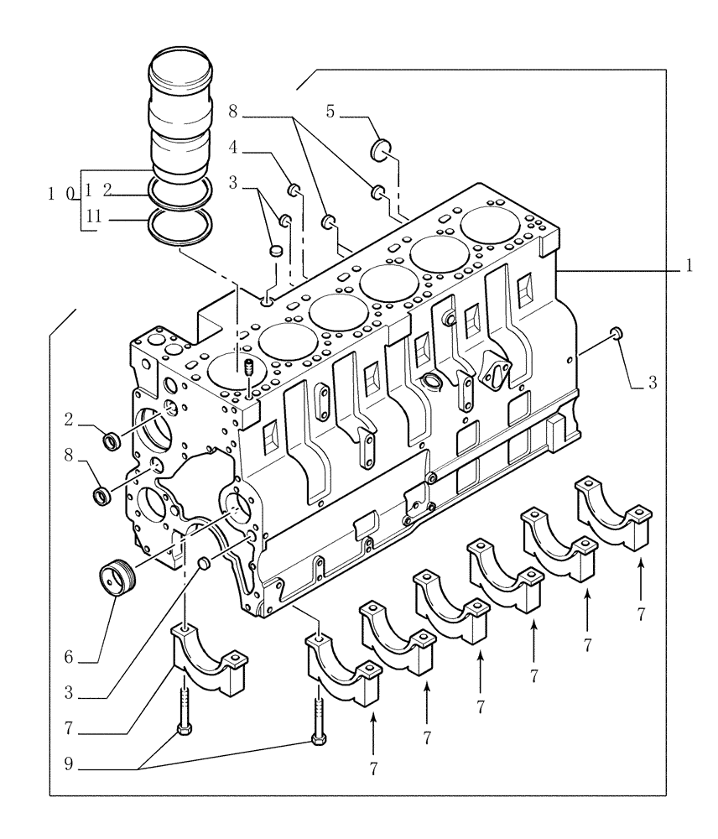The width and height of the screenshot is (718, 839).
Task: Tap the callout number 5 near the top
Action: [x=330, y=111]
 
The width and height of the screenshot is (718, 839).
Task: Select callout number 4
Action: [x=235, y=147]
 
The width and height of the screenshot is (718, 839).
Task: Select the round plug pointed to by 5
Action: [x=382, y=151]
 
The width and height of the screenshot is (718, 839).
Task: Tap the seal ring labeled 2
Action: [x=110, y=439]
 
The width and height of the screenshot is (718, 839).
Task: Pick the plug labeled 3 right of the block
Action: [x=617, y=333]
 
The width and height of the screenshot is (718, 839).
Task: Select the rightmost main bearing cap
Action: [x=611, y=513]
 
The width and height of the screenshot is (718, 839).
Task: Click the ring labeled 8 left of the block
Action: [x=101, y=495]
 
